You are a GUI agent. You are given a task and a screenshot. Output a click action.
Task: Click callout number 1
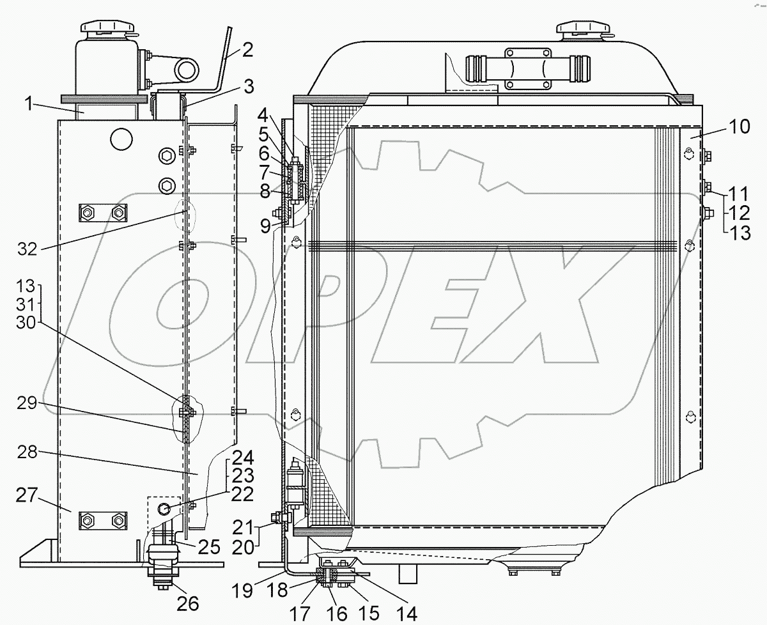point(29,104)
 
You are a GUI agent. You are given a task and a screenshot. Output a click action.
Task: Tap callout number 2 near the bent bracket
point(248,49)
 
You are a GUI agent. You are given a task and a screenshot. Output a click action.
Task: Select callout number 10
point(740,127)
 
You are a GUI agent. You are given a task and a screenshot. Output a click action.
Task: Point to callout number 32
point(27,249)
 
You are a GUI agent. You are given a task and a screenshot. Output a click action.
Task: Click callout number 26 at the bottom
point(188,604)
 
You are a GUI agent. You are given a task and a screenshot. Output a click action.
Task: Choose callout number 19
point(242,590)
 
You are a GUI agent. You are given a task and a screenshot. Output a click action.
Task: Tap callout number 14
point(407,613)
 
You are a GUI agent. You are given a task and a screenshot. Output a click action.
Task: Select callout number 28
point(27,452)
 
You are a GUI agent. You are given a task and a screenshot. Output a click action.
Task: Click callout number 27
point(27,495)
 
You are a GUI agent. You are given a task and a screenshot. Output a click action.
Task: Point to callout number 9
point(265,226)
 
